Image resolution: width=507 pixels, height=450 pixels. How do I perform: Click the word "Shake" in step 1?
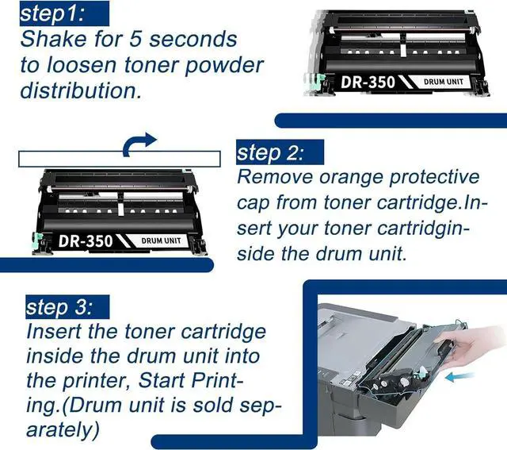coord(54,39)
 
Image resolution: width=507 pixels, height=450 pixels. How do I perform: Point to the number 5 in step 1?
coord(135,39)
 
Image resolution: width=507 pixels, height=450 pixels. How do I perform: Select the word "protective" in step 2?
coord(434,178)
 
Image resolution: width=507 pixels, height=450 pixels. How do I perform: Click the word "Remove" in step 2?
coord(275,177)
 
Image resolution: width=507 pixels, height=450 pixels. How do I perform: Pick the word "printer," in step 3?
coord(97,381)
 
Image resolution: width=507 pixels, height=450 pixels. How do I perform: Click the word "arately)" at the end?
coord(63,430)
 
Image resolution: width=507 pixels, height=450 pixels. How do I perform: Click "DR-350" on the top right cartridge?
coord(368,82)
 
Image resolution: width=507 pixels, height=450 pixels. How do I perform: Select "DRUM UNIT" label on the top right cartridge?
coord(444,82)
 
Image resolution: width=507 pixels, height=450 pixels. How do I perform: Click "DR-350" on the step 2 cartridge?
coord(86,241)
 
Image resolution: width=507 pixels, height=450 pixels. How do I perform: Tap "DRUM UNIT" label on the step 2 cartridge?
coord(161,240)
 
